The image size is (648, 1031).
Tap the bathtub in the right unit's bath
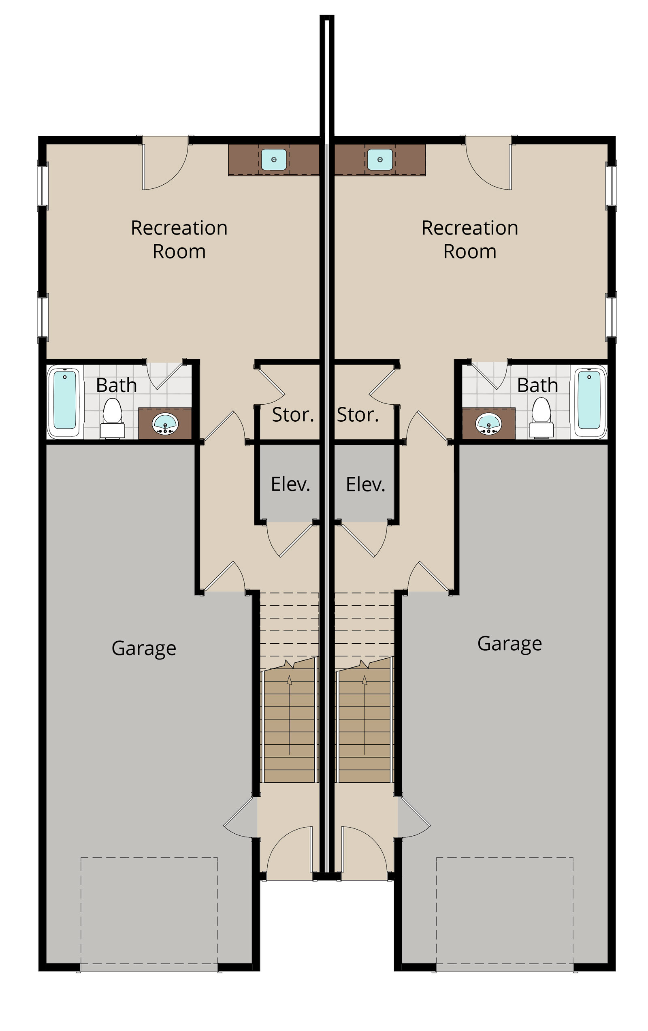tap(590, 401)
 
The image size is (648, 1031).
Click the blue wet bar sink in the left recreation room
tap(274, 160)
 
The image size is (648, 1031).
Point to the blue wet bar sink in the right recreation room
tap(380, 160)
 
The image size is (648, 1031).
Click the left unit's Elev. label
tap(291, 484)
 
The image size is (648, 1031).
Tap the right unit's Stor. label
tap(358, 415)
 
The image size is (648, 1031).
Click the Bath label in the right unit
tap(537, 385)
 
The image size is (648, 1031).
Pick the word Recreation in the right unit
tap(470, 228)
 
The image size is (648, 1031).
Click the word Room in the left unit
tap(179, 251)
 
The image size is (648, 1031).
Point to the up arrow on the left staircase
tap(289, 715)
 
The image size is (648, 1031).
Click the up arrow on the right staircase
tap(364, 715)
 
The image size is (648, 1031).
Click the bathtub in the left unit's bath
tap(65, 401)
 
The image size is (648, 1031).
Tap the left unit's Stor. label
tap(293, 415)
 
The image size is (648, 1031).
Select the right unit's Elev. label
tap(366, 484)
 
